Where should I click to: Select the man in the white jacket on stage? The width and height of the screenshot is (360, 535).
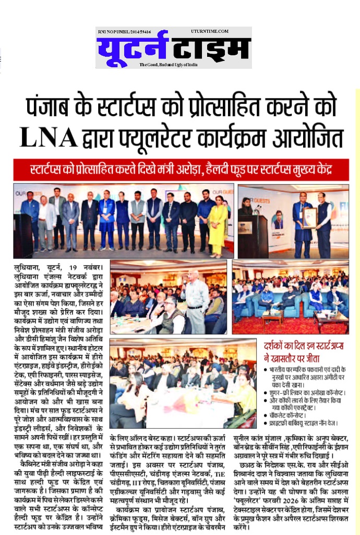click(x=47, y=219)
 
